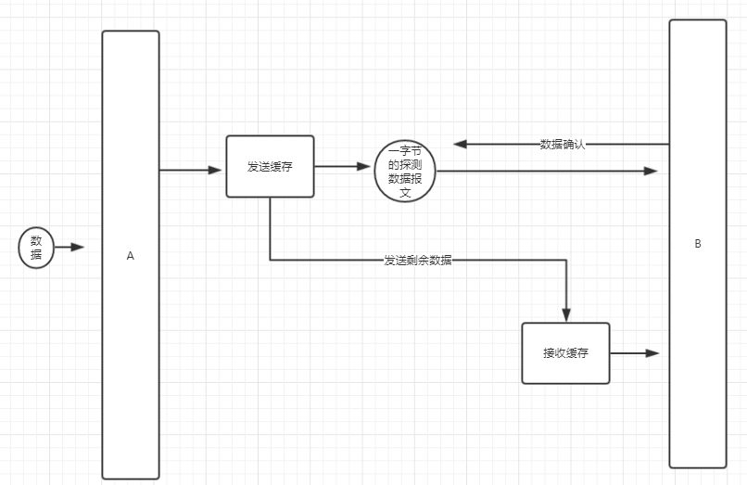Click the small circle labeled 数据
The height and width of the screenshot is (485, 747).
[x=36, y=248]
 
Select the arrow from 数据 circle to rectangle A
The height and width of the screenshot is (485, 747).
[x=70, y=248]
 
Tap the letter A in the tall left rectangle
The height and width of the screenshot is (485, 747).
[x=131, y=255]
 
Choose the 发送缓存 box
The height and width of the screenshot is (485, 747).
[x=270, y=167]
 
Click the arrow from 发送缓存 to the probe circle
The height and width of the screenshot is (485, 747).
[x=343, y=167]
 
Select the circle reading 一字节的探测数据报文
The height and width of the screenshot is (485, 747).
[x=405, y=172]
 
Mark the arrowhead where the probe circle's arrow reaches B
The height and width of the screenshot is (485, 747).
[x=652, y=172]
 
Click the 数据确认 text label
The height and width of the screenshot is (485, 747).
[x=563, y=145]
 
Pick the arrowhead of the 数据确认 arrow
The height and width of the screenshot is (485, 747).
[x=460, y=145]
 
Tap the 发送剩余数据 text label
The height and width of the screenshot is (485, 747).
[x=418, y=261]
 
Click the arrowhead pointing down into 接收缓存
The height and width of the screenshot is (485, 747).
[x=566, y=314]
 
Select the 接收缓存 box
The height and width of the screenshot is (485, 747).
[x=565, y=353]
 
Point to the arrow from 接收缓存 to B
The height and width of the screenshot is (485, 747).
[x=635, y=353]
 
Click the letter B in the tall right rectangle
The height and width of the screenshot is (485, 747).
[x=698, y=244]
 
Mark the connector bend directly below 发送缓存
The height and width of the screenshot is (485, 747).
[x=270, y=261]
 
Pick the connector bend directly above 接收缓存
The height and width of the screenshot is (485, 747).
[x=566, y=261]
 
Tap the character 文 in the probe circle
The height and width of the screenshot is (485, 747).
[x=405, y=193]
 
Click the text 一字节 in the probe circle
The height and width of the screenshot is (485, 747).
[x=405, y=150]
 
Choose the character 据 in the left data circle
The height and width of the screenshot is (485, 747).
[x=36, y=255]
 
